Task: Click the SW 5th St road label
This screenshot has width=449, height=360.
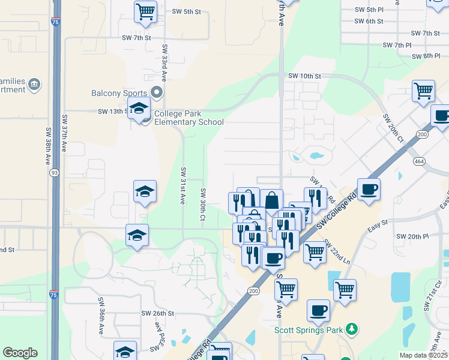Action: point(186,11)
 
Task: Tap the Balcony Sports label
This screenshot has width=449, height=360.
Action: point(119,94)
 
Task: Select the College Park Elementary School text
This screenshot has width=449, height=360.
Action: point(188,118)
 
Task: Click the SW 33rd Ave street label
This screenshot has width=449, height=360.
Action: point(164,62)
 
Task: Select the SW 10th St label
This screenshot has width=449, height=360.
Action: point(304,76)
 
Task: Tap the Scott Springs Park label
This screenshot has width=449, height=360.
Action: point(311,329)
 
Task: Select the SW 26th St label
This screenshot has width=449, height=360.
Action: point(157,313)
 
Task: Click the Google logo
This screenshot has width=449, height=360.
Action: point(20,353)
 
